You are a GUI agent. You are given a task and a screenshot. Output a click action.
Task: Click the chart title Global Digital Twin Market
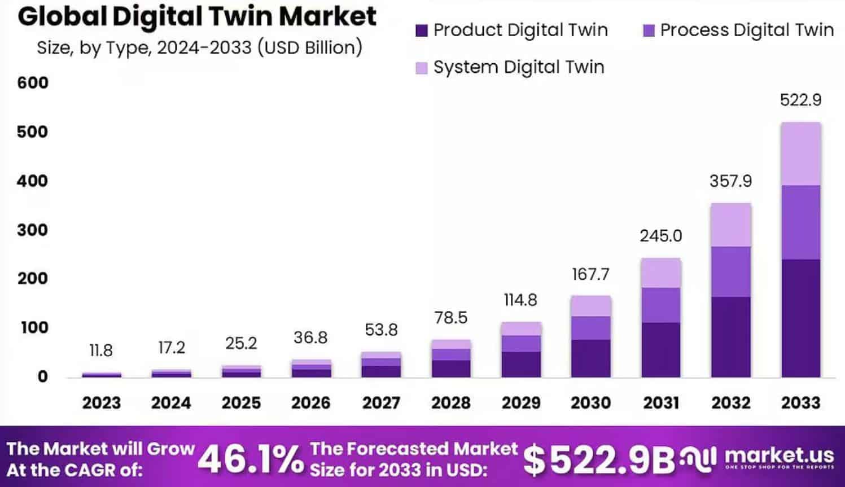coord(197,16)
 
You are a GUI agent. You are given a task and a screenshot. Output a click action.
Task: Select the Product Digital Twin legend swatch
coord(422,30)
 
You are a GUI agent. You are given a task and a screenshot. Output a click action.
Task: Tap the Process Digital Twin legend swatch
coord(649,30)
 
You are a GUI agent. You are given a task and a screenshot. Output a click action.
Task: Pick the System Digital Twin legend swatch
coord(422,68)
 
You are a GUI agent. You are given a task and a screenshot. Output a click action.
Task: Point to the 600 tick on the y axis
coord(32,83)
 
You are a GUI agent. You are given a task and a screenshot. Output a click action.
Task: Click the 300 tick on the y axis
coord(32,230)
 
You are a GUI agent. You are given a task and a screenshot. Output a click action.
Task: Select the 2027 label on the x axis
coord(381,403)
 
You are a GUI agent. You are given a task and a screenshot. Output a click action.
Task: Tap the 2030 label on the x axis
coord(590,403)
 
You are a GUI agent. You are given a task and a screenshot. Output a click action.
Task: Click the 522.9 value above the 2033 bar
coord(800,100)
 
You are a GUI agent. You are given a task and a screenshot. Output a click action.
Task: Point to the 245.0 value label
coord(660,236)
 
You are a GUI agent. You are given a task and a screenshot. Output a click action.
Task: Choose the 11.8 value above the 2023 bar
coord(101,351)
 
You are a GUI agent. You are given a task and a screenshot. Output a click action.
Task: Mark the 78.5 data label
coord(450,318)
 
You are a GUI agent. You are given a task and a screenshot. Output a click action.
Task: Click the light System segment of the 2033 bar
coord(800,153)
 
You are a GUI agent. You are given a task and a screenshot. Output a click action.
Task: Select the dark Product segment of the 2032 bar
coord(731,337)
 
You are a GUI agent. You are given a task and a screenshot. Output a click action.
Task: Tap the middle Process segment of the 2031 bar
coord(660,305)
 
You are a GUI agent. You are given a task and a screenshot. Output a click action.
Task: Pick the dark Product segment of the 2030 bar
coord(590,358)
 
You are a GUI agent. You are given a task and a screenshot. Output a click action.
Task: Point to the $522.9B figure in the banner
coord(598,460)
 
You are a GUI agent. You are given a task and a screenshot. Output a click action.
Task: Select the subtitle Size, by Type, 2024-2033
coord(199,48)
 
